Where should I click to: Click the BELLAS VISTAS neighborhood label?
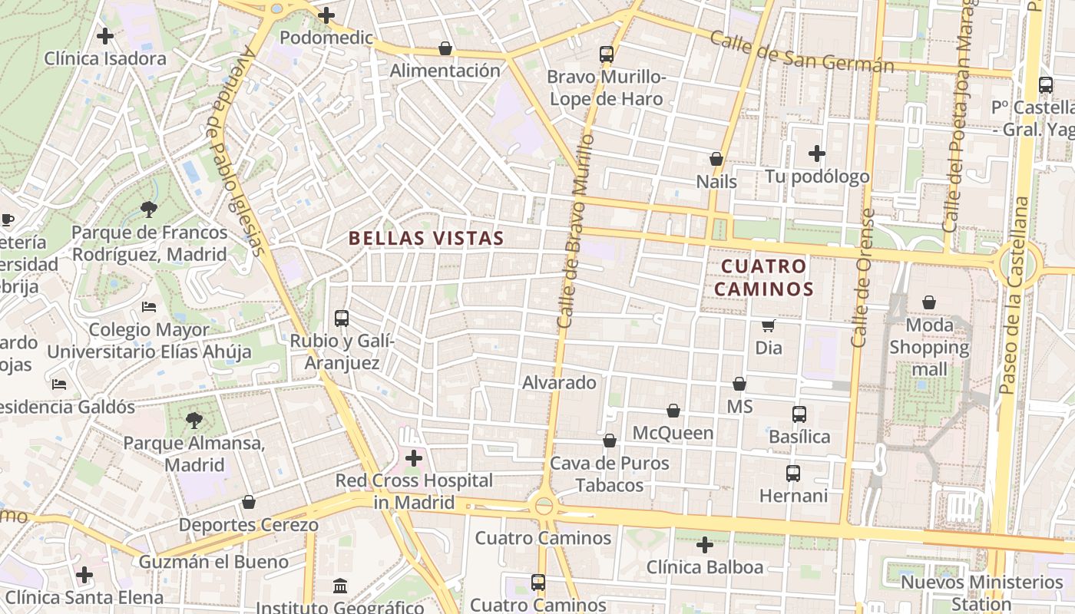point(426,238)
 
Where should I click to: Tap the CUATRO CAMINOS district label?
point(767,278)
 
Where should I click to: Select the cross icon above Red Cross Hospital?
point(414,458)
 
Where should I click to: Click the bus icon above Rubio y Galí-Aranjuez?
point(342,318)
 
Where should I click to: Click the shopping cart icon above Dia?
point(768,325)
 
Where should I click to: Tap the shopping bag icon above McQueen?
point(673,411)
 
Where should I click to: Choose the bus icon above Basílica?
point(799,414)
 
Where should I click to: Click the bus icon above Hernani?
point(793,474)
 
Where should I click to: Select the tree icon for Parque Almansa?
point(194,420)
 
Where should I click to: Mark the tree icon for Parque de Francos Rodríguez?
point(149,209)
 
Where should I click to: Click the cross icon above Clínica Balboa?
point(704,545)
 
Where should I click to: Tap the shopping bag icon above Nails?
point(716,159)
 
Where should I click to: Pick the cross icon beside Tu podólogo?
point(817,153)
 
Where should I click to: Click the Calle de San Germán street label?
point(802,52)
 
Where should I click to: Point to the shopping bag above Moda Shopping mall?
point(929,302)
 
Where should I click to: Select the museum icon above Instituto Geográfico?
point(340,586)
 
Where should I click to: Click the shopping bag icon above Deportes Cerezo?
point(248,502)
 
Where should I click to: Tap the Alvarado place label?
point(559,382)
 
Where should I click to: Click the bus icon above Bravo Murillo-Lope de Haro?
point(607,54)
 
